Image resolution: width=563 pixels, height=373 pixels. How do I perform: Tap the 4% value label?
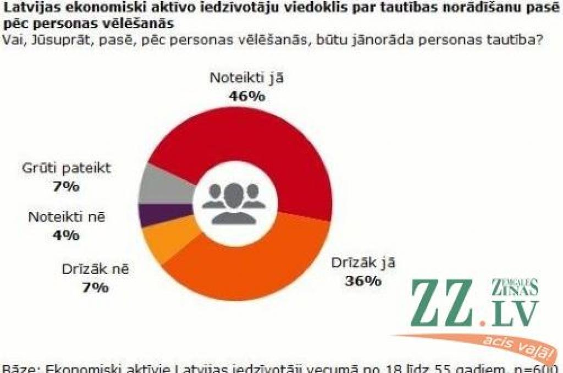[66, 235]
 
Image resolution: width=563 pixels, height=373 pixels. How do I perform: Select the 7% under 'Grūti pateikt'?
[66, 186]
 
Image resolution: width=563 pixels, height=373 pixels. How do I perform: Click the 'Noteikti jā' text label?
[247, 78]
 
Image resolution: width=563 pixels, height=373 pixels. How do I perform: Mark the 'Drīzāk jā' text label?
[363, 262]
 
